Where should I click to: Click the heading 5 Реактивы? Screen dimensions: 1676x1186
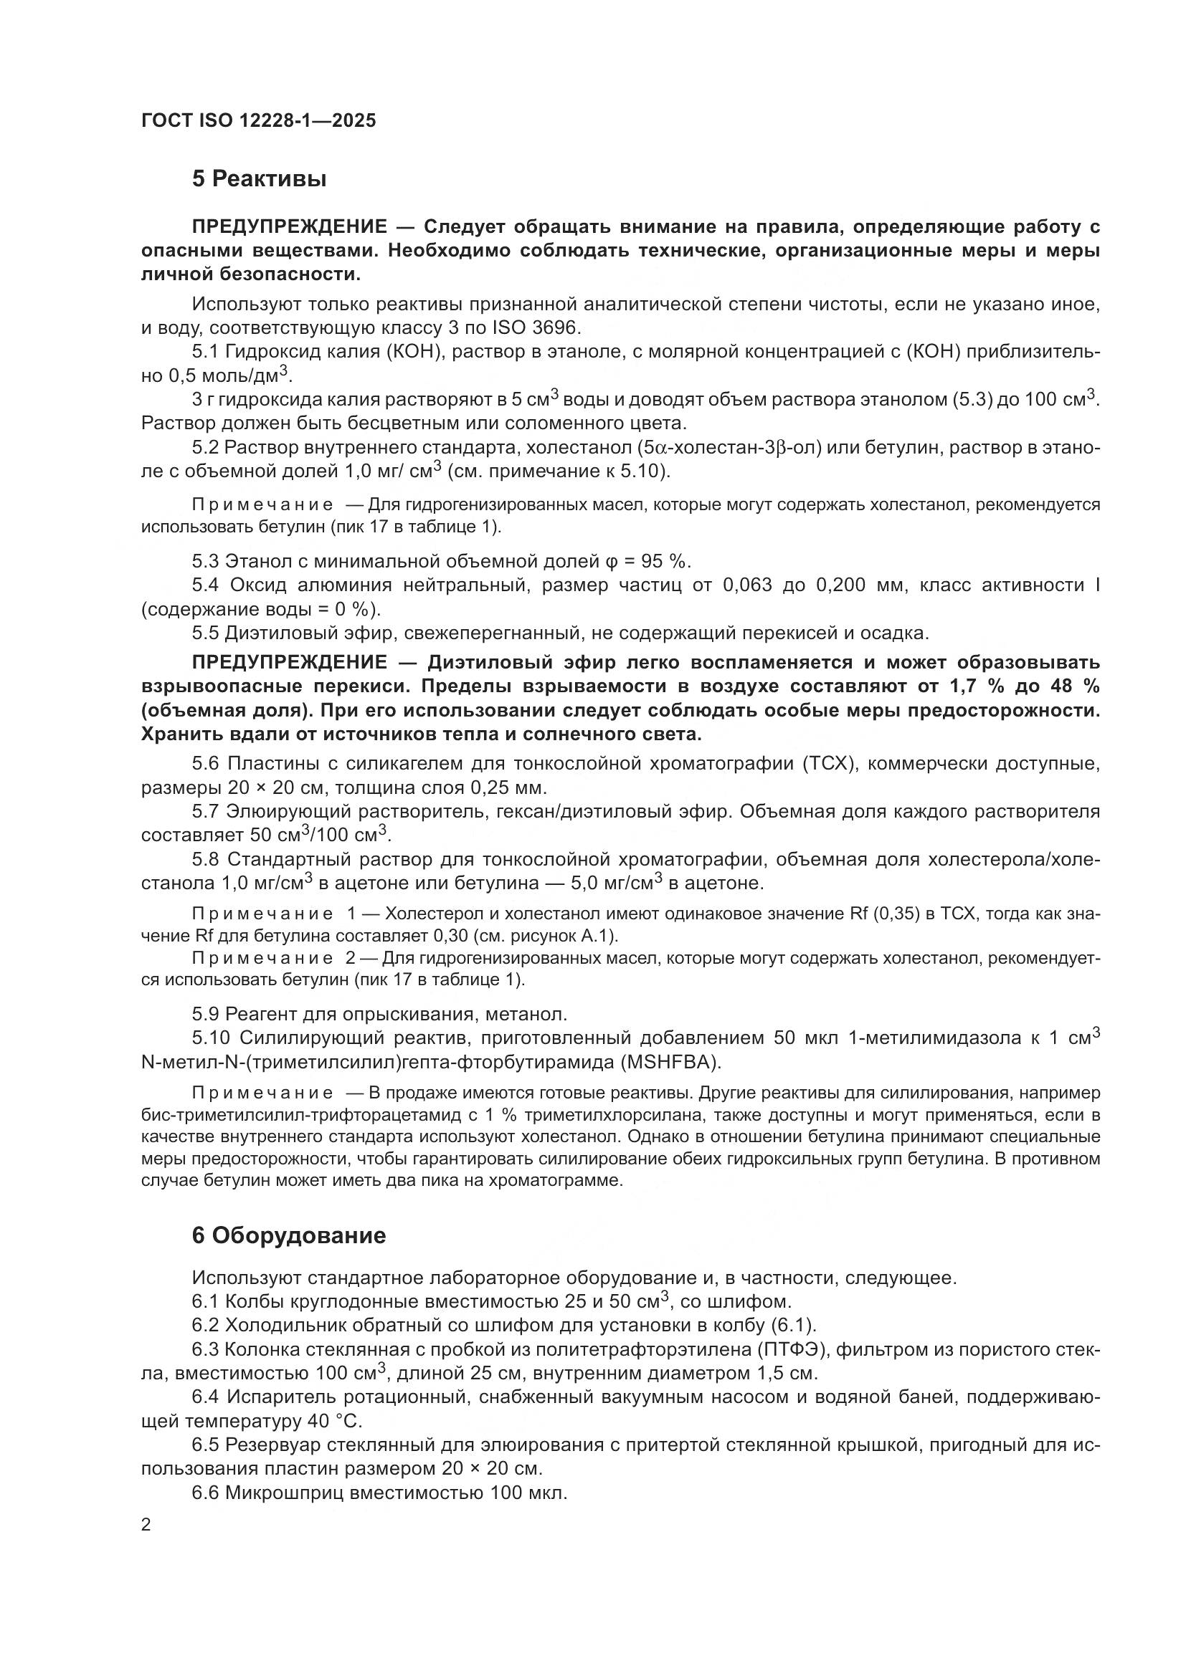tap(259, 179)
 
